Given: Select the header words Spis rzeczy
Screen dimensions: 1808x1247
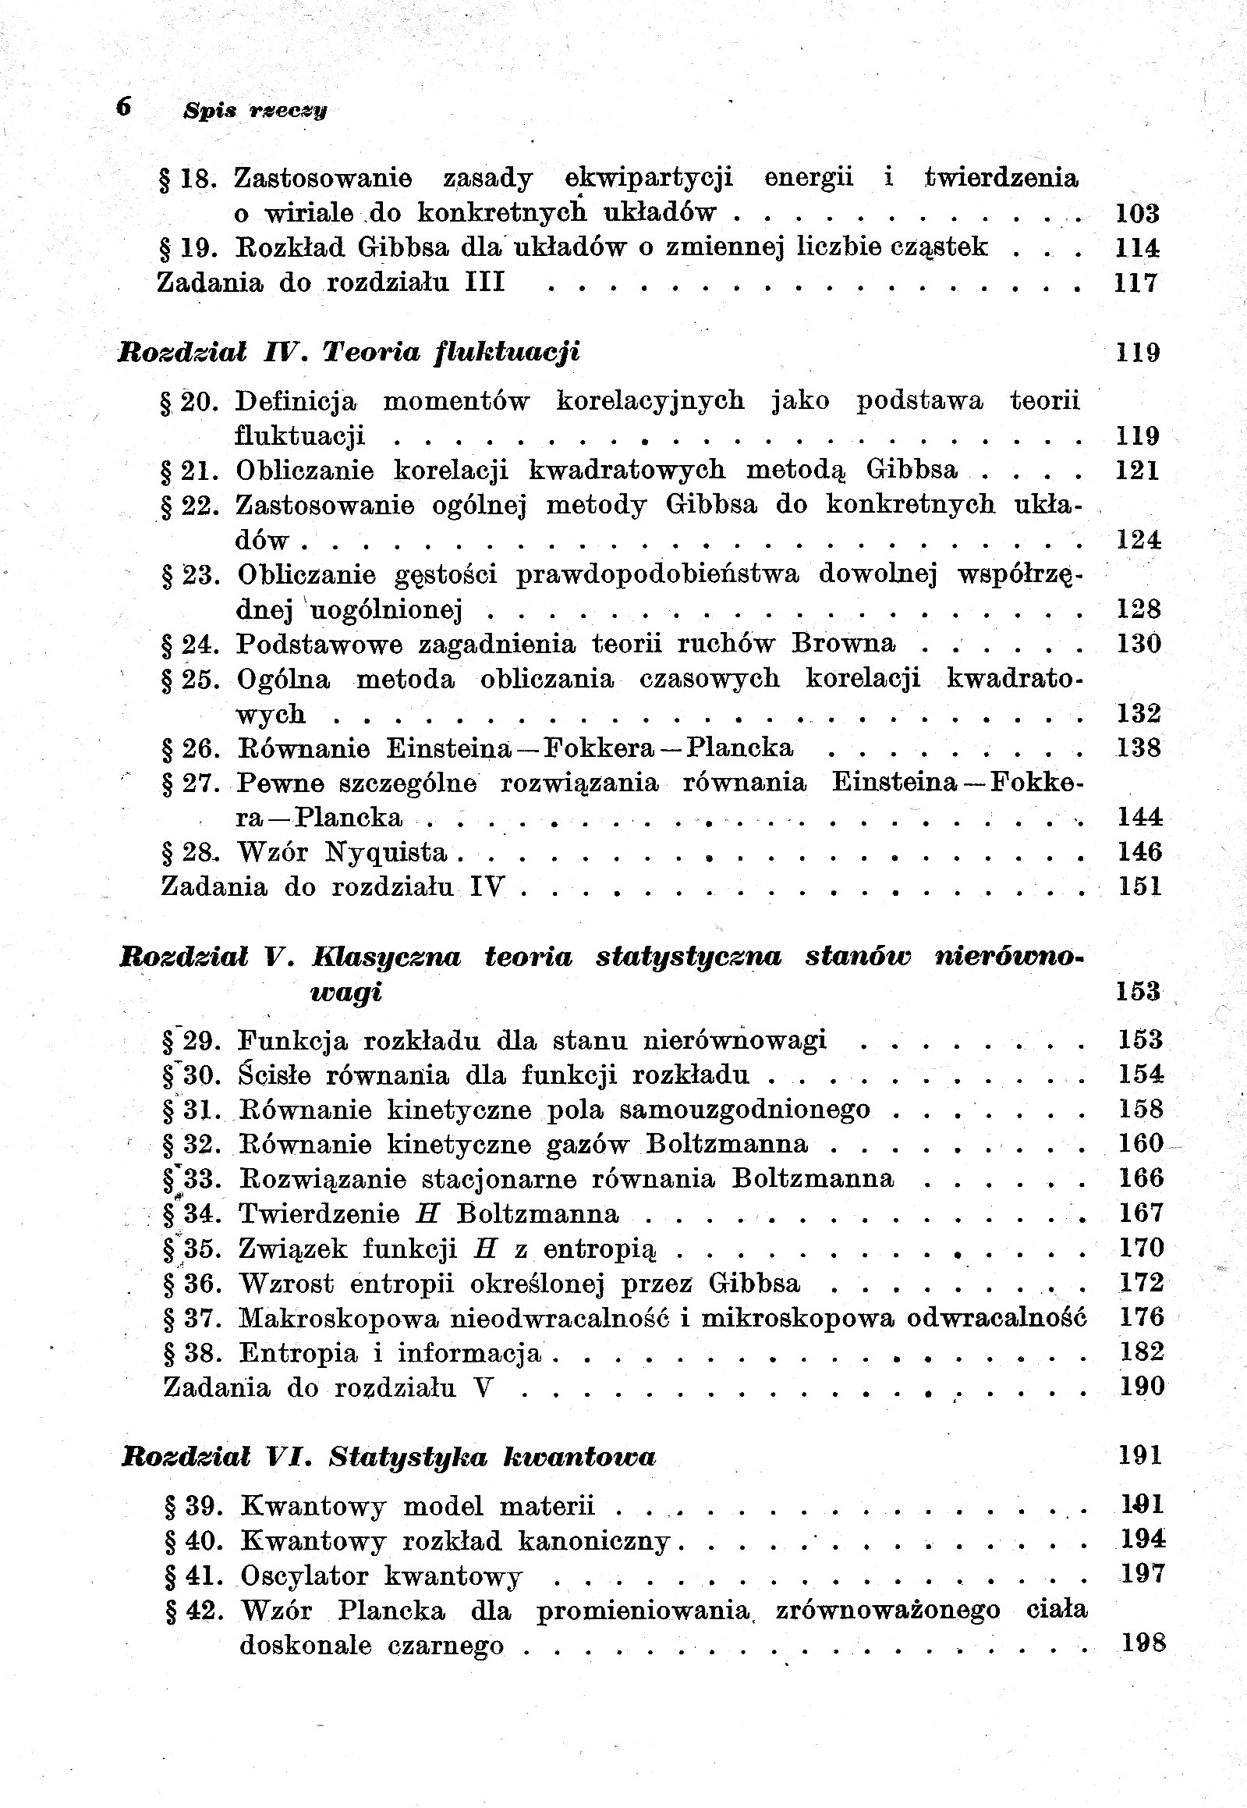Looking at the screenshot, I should tap(255, 111).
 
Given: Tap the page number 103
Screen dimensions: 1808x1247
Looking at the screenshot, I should tap(1137, 212).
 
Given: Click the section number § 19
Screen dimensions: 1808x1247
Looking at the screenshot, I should tap(188, 247).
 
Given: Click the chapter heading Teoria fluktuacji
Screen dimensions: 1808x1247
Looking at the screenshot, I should tap(452, 352).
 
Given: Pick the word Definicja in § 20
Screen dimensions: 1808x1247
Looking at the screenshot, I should tap(296, 401).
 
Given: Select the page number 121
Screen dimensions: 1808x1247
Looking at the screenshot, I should tap(1138, 470).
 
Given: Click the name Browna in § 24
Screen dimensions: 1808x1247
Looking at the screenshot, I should tap(843, 643).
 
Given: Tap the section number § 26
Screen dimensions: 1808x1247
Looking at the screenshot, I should tap(191, 748).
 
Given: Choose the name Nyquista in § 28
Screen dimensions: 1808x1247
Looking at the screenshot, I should tap(386, 852).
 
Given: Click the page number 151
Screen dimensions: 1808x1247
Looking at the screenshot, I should tap(1139, 886).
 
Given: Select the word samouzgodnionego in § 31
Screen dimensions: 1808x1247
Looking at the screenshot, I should tap(770, 1110).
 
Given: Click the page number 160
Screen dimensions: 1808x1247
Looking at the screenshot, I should tap(1141, 1144).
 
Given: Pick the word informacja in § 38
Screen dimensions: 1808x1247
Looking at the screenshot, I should tap(469, 1353).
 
